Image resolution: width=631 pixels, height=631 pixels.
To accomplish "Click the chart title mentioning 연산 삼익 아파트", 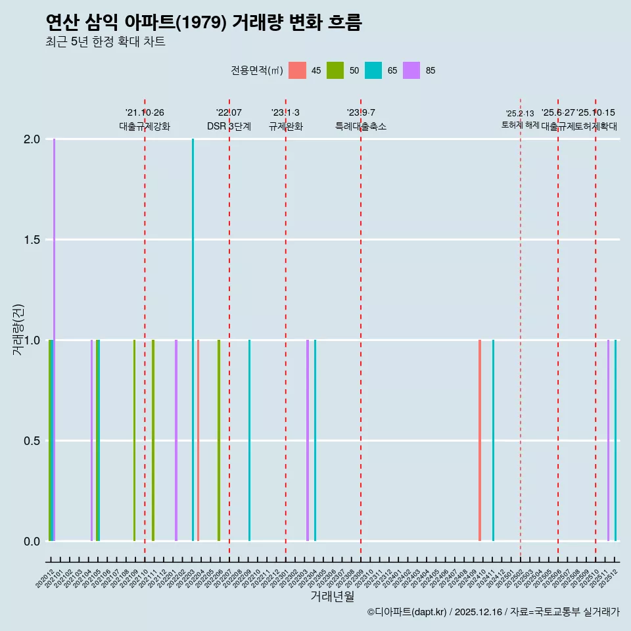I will click(204, 22).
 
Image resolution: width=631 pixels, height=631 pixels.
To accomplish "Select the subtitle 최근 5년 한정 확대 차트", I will click(105, 42).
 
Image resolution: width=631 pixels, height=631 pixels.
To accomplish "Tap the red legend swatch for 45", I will click(298, 70).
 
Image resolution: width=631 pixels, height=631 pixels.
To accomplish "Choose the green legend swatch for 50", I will click(335, 70).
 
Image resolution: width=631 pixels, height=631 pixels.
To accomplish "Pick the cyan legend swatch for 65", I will click(373, 70).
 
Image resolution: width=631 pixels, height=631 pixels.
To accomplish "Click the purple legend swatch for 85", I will click(411, 70).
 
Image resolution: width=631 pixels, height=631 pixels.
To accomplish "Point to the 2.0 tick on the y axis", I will click(32, 139).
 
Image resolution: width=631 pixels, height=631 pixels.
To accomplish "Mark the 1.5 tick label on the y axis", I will click(32, 240).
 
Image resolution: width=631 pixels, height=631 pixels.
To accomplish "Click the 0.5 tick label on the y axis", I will click(32, 441).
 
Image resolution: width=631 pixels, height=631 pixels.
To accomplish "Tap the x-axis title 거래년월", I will click(332, 597).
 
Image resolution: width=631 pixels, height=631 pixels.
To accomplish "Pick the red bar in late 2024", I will click(480, 440).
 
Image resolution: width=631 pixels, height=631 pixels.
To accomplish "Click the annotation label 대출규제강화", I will click(145, 126).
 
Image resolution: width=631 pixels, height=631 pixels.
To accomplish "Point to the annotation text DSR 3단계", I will click(229, 126).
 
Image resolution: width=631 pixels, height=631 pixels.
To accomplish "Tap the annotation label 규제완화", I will click(285, 126).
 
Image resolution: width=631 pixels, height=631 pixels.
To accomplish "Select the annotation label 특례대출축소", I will click(361, 126).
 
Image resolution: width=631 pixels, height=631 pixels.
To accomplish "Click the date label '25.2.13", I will click(520, 114).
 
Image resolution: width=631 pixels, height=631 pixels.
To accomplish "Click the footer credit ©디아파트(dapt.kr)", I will click(408, 612).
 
